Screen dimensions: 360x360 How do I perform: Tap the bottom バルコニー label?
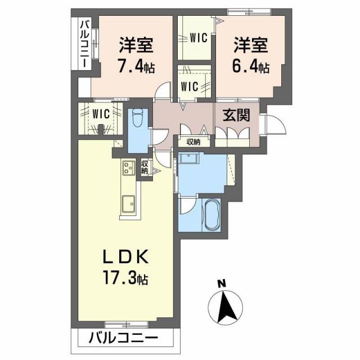pos(123,339)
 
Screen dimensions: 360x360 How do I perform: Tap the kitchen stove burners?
pos(127,167)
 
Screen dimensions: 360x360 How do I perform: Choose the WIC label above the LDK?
pos(101,112)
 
